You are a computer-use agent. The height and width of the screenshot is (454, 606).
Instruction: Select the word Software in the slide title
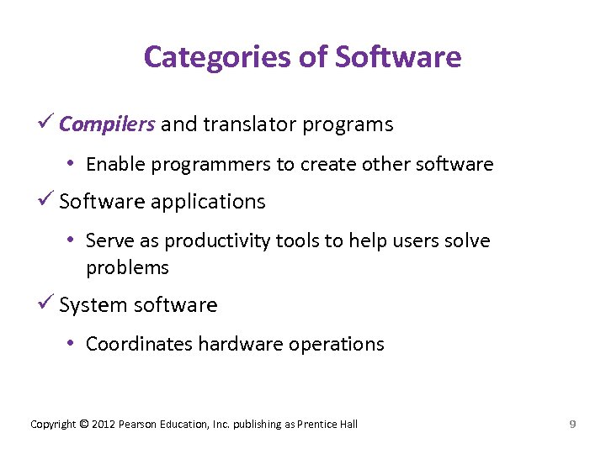(x=398, y=57)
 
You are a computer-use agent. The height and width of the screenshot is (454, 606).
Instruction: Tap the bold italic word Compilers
(x=107, y=124)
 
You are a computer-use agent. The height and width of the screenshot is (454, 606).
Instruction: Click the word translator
(x=237, y=124)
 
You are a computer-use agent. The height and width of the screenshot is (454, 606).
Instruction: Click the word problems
(x=127, y=268)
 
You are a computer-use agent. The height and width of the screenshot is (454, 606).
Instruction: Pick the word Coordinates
(x=139, y=344)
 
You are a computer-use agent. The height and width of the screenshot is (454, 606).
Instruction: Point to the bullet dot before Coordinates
(x=73, y=344)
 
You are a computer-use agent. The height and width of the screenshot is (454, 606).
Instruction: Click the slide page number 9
(x=572, y=424)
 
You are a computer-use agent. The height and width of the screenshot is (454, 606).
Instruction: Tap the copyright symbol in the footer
(x=83, y=424)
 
